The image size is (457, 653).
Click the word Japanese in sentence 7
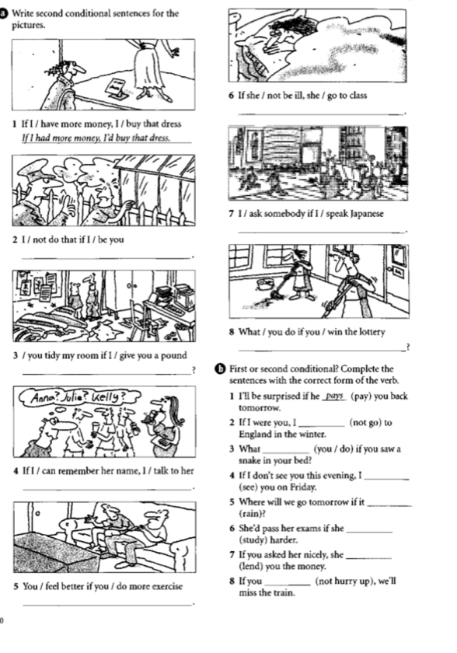tap(367, 214)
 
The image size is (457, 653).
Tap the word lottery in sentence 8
tap(371, 332)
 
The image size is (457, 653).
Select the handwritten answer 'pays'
tap(335, 396)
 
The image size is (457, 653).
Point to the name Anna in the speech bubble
tap(44, 397)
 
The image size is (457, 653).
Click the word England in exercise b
tap(255, 435)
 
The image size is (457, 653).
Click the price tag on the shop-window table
tap(115, 89)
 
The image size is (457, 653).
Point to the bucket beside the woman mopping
tap(264, 285)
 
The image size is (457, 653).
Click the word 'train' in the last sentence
tap(284, 593)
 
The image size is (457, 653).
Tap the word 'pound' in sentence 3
tap(173, 356)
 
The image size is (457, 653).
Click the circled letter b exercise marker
tap(221, 369)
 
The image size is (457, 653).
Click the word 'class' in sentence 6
tap(358, 96)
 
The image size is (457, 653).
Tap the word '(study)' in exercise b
tap(253, 540)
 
